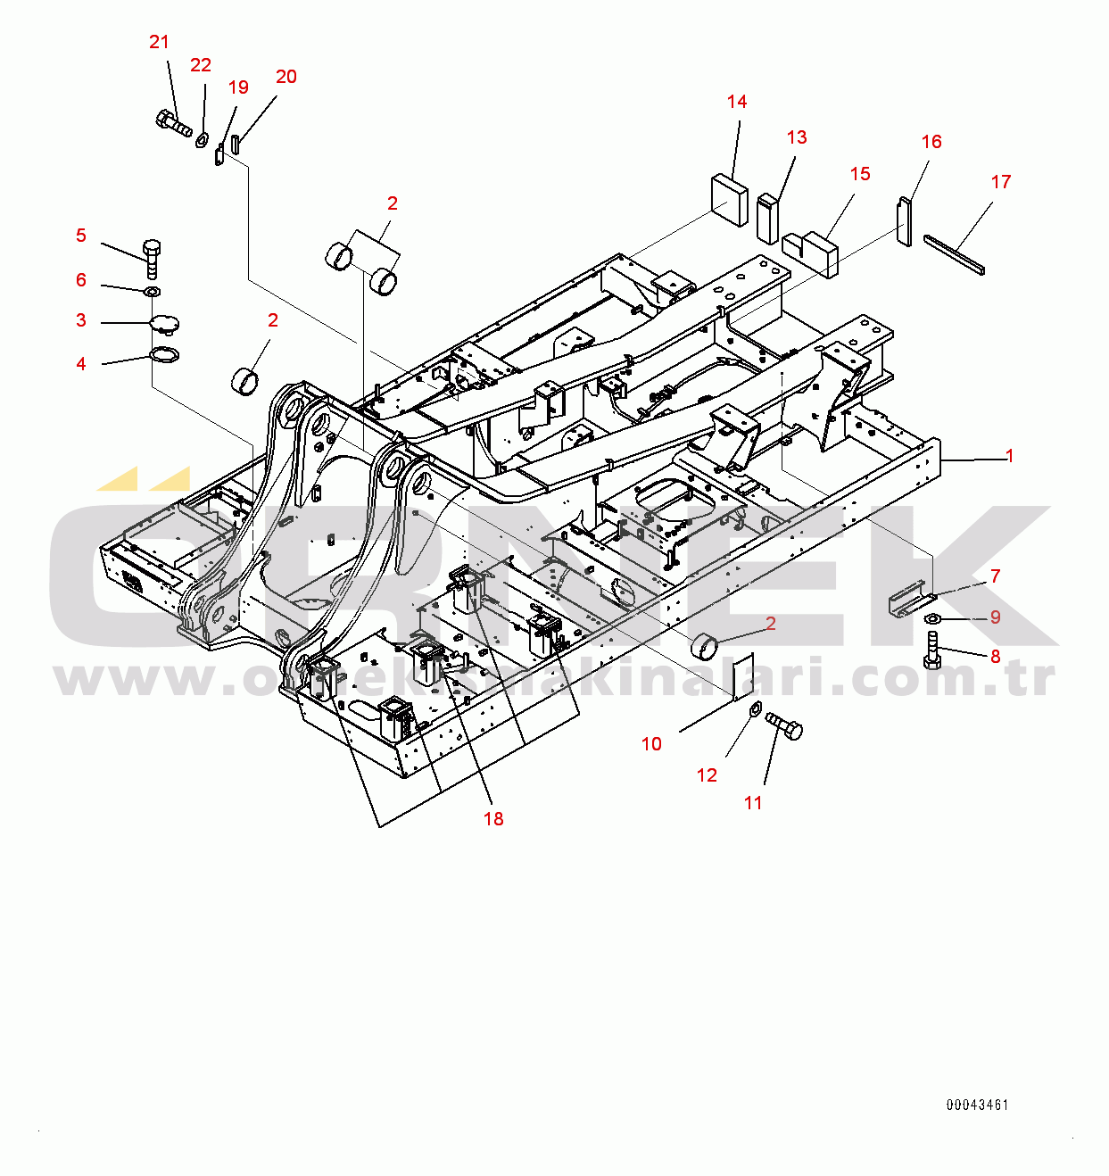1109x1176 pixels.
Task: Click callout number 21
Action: [159, 42]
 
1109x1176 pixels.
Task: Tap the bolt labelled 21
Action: [174, 122]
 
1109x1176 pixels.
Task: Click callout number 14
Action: [737, 102]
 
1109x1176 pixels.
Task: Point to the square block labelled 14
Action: [729, 200]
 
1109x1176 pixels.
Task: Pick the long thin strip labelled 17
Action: [955, 255]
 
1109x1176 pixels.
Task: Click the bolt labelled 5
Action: [152, 259]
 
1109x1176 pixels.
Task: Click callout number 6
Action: [81, 280]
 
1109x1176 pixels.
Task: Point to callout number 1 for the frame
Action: [1010, 456]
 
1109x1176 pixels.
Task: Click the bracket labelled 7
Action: [909, 600]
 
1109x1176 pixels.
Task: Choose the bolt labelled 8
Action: [931, 650]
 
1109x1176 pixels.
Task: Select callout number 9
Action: [996, 617]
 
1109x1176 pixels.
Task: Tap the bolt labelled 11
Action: [783, 726]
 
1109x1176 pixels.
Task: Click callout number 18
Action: [493, 819]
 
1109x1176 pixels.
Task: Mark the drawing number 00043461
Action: [977, 1105]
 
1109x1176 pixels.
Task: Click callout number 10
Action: [651, 744]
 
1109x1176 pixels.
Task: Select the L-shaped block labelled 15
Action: [811, 253]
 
